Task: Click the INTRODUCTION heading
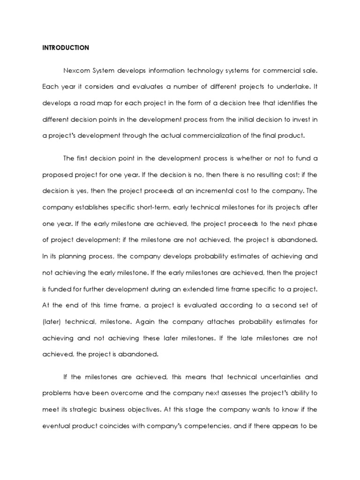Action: pos(66,47)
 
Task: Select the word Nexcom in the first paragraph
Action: pos(76,70)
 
